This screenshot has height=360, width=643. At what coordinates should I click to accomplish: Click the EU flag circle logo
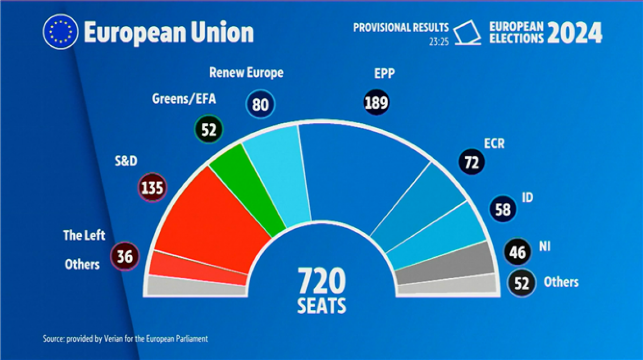tap(60, 32)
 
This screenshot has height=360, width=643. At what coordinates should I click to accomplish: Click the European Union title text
tap(168, 33)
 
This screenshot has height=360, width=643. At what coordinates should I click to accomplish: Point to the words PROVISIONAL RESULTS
tap(400, 27)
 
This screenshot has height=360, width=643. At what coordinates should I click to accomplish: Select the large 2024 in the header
tap(575, 33)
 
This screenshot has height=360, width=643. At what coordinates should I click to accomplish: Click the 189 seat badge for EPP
tap(376, 102)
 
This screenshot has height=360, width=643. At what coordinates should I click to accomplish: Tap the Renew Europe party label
tap(246, 73)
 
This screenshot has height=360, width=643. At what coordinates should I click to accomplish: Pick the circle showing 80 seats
tap(260, 104)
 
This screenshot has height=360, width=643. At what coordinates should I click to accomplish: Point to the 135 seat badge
tap(152, 188)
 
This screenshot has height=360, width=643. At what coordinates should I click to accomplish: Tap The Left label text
tap(84, 235)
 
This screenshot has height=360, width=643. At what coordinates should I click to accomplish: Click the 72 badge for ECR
tap(471, 162)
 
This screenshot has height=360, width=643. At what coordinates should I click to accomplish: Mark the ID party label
tap(527, 197)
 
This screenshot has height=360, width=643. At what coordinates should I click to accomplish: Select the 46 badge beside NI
tap(517, 251)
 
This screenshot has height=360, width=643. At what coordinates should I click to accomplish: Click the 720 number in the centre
tap(322, 280)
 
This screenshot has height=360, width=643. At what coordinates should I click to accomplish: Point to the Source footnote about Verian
tap(125, 338)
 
